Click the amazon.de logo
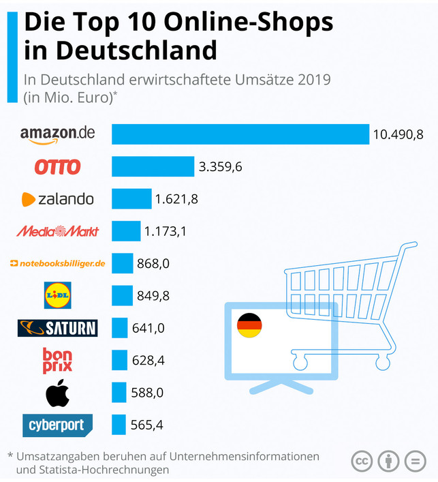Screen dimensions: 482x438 coord(57,134)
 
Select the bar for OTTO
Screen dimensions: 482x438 coord(153,166)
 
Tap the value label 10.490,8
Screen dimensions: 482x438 coord(397,134)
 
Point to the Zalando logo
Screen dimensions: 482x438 coord(57,199)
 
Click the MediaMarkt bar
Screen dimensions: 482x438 coord(126,231)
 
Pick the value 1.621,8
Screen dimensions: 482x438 coord(176,199)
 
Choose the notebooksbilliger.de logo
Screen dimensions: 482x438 coord(58,263)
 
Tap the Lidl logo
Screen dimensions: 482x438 coord(57,295)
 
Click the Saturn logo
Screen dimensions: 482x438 coord(57,328)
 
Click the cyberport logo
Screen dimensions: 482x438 coord(57,425)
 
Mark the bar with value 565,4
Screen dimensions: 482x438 coord(119,425)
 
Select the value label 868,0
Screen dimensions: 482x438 coord(151,263)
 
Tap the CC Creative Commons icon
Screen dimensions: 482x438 coord(362,461)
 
